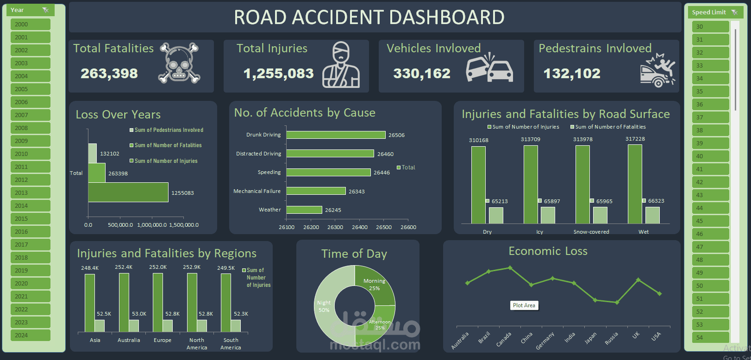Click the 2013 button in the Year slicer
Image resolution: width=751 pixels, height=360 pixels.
[30, 192]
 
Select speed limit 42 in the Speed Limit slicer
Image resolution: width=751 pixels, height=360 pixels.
[710, 182]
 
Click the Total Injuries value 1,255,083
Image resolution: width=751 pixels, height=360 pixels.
[278, 74]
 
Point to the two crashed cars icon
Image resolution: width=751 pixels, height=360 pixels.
[489, 68]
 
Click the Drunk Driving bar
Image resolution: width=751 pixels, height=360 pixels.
[336, 135]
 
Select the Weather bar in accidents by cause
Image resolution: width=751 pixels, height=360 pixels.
[304, 210]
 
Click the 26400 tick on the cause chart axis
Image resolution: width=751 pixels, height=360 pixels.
[360, 227]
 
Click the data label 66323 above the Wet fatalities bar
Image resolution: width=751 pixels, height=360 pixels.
[656, 201]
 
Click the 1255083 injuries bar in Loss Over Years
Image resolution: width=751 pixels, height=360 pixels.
[128, 192]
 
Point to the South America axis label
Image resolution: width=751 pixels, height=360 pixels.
[231, 344]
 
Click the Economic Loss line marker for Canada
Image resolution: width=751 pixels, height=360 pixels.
[510, 267]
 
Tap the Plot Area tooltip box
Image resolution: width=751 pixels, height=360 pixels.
[524, 305]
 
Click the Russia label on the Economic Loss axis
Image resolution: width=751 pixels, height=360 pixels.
[611, 338]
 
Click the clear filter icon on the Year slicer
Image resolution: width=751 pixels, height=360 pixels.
[45, 10]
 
